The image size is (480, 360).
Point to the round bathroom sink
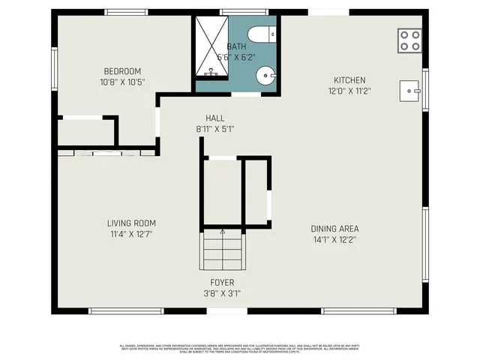(266, 75)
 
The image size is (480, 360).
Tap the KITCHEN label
(349, 80)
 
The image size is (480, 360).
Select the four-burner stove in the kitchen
(409, 40)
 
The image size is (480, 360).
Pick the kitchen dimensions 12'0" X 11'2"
(349, 90)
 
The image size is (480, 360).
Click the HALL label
(215, 118)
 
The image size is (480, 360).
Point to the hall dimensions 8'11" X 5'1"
(215, 128)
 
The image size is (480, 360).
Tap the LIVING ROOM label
(131, 223)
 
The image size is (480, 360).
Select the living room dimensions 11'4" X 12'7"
(131, 232)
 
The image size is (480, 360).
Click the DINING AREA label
(335, 229)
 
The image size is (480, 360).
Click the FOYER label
(222, 283)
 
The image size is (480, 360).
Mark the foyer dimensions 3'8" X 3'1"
(222, 293)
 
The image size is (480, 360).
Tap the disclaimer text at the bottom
(240, 349)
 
